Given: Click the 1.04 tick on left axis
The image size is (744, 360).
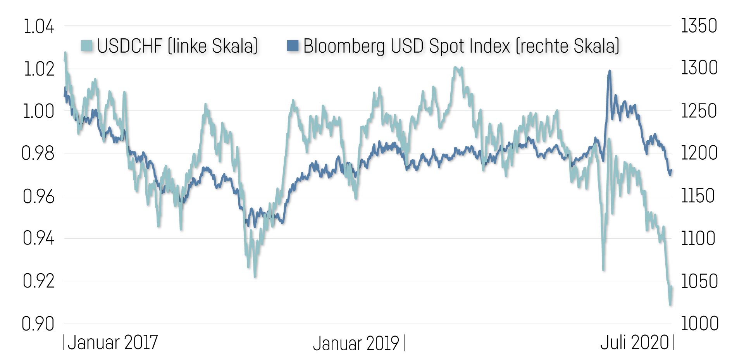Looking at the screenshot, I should coord(39,27).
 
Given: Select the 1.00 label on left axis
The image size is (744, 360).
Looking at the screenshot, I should coord(39,111).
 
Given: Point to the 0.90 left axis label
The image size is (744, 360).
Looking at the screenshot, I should coord(38,324).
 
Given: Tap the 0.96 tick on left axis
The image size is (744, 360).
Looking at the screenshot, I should coord(38,196).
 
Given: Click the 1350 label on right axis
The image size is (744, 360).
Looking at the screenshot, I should coord(699,26).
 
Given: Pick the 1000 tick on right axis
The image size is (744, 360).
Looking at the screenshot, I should coord(699,324).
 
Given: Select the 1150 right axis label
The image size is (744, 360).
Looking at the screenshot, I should coord(698,196).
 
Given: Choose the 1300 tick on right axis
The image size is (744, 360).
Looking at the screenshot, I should coord(699,68).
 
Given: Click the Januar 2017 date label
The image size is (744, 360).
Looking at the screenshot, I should coord(113,343).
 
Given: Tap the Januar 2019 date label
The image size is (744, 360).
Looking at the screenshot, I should coord(356,343).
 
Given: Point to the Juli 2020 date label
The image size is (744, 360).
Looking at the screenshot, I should coord(634,343).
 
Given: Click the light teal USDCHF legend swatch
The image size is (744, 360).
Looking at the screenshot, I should coord(87,45).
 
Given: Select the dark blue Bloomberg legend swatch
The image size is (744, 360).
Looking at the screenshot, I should coord(293,45).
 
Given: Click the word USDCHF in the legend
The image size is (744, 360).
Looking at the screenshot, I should coord(129,46).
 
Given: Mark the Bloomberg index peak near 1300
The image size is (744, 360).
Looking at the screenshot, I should coord(610,71).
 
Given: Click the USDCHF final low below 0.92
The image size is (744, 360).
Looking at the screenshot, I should coord(670,305).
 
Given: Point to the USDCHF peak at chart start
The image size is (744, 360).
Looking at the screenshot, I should coord(65,53).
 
